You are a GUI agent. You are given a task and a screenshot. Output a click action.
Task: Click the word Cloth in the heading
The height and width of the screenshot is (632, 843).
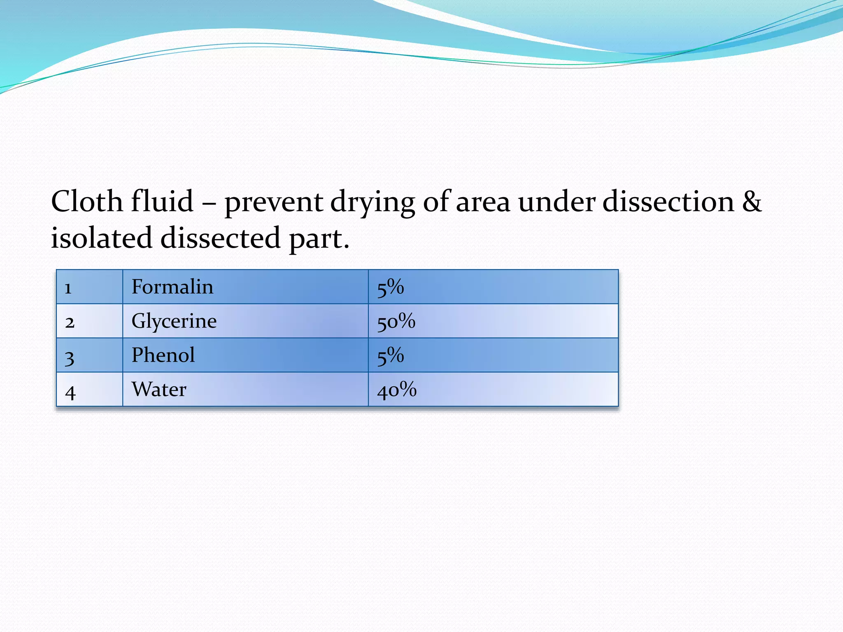coord(87,202)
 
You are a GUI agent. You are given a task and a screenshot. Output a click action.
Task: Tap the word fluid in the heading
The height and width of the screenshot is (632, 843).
coord(162,202)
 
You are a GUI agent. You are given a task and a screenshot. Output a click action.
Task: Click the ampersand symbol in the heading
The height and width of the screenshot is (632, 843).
coord(752,202)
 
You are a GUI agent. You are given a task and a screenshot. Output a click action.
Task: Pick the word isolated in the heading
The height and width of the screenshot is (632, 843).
coord(101,238)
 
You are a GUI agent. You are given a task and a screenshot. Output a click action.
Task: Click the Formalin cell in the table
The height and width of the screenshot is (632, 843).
coord(172,287)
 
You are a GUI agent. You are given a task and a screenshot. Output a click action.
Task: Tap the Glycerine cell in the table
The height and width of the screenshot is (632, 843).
coord(174,321)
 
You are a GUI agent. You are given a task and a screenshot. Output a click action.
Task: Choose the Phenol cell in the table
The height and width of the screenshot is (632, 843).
coord(163,355)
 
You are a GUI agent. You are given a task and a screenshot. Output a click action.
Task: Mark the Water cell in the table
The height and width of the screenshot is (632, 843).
coord(159,389)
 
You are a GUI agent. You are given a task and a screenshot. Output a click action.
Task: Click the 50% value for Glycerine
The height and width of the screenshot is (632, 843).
coord(396,321)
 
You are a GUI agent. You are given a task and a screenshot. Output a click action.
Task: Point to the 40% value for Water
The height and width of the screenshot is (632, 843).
coord(397,390)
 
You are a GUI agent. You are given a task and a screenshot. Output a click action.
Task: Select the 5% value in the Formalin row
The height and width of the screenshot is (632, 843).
coord(390,287)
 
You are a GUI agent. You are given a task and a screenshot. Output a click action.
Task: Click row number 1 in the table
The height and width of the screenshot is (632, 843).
coord(68,288)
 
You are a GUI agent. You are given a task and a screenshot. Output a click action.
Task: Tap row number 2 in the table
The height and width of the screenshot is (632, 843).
coord(70,322)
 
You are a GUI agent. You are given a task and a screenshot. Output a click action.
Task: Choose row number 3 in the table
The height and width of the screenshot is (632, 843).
coord(70,357)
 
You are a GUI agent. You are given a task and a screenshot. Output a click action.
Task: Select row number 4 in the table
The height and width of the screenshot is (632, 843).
coord(70,391)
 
